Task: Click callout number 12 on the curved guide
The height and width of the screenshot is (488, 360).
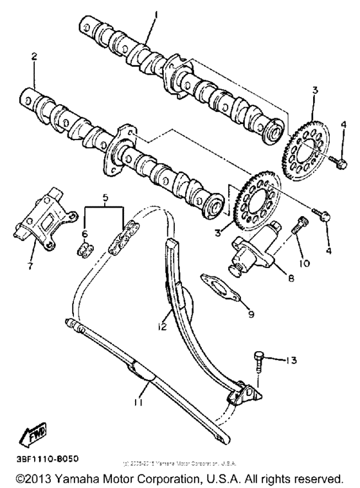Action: pos(163,327)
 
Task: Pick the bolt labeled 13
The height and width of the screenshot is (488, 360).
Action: pos(258,361)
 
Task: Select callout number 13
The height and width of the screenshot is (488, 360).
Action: pos(292,360)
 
